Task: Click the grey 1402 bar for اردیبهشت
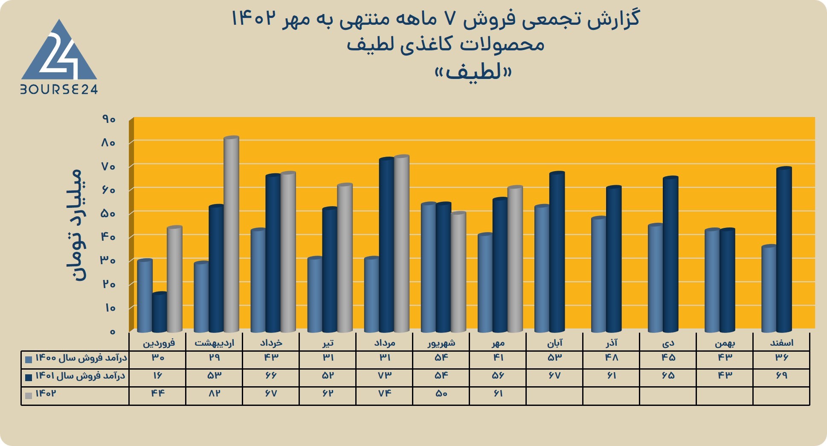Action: click(x=231, y=234)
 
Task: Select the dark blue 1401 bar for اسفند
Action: click(x=784, y=249)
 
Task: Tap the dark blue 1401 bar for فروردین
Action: click(x=160, y=312)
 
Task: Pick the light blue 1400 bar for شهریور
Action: click(x=428, y=267)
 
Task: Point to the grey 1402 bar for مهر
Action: click(x=515, y=259)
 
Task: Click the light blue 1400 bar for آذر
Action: click(x=599, y=274)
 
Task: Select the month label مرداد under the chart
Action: click(x=385, y=343)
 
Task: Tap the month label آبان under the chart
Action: click(x=555, y=342)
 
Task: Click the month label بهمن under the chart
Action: click(x=725, y=343)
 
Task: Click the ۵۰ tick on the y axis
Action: click(x=108, y=213)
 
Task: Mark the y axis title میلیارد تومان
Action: click(x=76, y=225)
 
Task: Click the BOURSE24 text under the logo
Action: click(x=59, y=89)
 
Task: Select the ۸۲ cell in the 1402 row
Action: click(x=214, y=394)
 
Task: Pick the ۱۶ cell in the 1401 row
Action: click(x=158, y=376)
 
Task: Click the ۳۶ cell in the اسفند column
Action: click(x=781, y=358)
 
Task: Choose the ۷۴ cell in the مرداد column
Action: click(x=385, y=394)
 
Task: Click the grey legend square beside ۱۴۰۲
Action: click(x=29, y=396)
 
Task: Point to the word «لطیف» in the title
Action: click(x=473, y=71)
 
